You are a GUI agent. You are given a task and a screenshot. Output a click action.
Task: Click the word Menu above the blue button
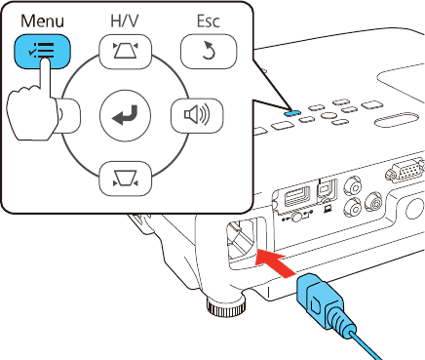[42, 21]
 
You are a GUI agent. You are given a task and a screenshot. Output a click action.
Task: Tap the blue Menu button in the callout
[42, 52]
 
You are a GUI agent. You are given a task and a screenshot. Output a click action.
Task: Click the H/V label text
[125, 21]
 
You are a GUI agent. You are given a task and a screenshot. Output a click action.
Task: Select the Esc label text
[209, 21]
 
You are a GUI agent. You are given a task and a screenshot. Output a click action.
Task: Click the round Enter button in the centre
[125, 115]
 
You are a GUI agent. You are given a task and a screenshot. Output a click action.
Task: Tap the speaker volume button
[197, 115]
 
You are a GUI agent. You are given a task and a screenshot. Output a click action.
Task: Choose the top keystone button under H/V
[125, 52]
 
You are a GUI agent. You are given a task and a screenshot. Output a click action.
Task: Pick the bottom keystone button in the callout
[125, 179]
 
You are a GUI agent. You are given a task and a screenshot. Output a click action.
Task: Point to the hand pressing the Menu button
[31, 107]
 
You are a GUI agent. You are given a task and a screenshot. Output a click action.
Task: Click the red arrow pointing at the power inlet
[274, 262]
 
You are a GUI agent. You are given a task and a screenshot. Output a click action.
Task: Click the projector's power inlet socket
[242, 239]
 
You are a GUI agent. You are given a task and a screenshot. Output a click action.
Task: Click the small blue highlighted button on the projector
[291, 112]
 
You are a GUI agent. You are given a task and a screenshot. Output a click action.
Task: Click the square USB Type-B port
[328, 191]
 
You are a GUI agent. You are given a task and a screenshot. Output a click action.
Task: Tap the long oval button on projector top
[396, 119]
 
